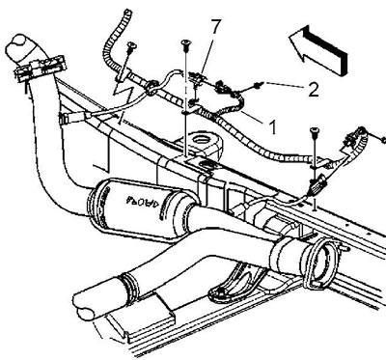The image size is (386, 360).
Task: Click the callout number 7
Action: (216, 27)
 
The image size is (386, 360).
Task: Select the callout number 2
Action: (314, 89)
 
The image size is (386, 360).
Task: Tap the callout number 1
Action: (272, 126)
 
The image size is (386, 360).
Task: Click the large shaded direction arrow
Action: (317, 50)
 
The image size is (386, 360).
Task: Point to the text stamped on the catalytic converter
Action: (143, 201)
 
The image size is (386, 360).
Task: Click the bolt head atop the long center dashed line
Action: (185, 42)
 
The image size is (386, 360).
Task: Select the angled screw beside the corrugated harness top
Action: (131, 47)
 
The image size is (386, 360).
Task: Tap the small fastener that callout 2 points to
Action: (259, 85)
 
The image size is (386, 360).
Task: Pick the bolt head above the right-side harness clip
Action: (315, 130)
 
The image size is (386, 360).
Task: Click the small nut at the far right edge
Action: (383, 140)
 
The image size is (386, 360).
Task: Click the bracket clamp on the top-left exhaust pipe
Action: (40, 69)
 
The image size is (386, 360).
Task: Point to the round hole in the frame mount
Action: (202, 140)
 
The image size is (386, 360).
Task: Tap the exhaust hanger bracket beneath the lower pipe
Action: (236, 283)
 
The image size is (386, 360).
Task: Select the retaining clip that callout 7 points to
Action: (197, 77)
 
